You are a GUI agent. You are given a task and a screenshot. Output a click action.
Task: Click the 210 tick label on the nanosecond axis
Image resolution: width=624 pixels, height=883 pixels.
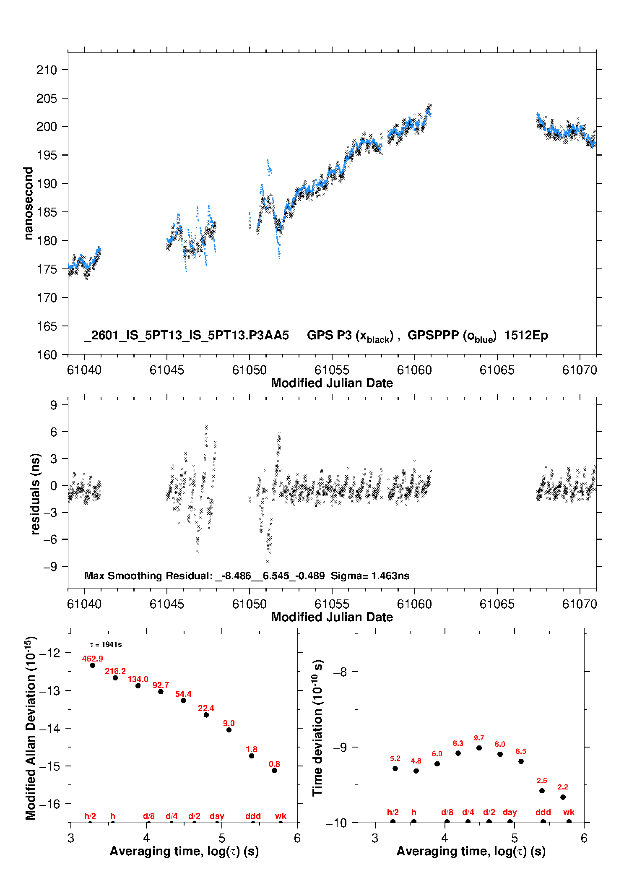(47, 70)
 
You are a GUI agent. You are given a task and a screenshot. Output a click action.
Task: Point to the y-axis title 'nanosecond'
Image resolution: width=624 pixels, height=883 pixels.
(28, 203)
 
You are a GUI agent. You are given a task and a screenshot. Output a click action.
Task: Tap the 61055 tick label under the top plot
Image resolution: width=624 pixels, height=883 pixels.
(332, 370)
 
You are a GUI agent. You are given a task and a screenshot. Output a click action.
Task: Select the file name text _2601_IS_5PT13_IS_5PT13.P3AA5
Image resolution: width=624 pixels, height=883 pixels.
(187, 335)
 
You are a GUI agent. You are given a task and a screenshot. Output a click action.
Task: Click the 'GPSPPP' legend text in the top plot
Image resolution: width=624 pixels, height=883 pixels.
(433, 335)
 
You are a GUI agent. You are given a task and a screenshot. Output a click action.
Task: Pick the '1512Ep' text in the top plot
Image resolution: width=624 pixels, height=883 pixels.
(526, 335)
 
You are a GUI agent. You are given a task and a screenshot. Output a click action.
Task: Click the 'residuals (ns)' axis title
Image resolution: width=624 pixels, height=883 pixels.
(35, 494)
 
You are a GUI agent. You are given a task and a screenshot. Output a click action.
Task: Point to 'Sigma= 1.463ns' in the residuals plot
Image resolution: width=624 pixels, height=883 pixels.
(370, 576)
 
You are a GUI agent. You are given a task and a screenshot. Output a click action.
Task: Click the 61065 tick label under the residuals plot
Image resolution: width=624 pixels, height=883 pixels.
(497, 604)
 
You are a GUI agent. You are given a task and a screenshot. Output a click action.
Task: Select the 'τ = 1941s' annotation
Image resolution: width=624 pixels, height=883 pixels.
(106, 644)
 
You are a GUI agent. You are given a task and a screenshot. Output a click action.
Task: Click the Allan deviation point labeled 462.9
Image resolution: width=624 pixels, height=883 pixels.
(93, 665)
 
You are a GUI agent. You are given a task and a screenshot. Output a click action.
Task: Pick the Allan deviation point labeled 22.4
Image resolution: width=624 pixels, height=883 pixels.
(206, 715)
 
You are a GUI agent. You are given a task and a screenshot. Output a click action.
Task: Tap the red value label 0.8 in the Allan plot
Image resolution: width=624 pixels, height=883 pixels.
(274, 764)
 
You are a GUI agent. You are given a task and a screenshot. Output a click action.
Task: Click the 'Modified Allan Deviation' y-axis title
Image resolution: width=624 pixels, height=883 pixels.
(30, 728)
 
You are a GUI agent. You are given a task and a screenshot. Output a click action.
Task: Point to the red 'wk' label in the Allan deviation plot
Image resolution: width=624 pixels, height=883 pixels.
(281, 816)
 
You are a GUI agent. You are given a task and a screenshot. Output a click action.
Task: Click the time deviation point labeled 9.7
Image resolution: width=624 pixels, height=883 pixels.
(479, 748)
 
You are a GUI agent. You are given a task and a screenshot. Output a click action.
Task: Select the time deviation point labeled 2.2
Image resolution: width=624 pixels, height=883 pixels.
(563, 797)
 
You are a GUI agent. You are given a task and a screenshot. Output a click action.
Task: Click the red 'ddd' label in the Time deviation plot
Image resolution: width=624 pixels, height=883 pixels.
(543, 813)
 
